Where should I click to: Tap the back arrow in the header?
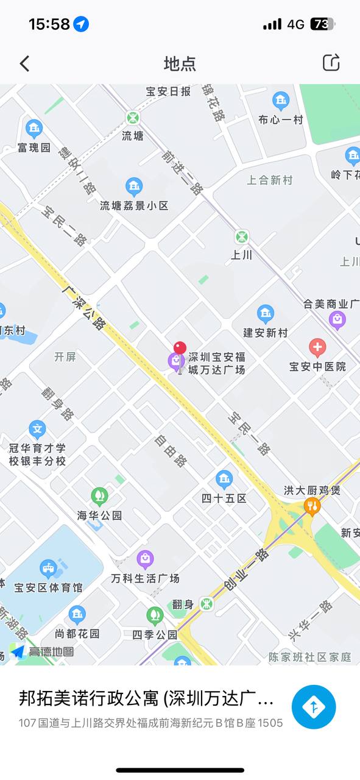[x=24, y=63]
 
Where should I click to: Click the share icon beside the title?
[x=331, y=63]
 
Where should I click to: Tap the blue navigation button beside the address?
[x=314, y=707]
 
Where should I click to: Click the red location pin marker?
[x=180, y=349]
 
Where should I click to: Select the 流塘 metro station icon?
[x=133, y=118]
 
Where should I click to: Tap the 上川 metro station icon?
[x=242, y=236]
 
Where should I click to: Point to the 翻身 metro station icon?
[x=207, y=604]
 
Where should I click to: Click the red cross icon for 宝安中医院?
[x=317, y=349]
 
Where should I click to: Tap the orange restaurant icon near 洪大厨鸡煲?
[x=312, y=506]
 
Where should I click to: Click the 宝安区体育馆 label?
[x=48, y=587]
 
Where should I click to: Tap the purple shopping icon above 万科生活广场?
[x=144, y=559]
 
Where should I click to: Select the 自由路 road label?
[x=171, y=452]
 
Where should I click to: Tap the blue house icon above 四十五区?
[x=224, y=479]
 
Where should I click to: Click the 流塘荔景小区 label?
[x=134, y=206]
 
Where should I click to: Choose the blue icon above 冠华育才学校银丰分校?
[x=37, y=430]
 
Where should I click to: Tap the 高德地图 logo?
[x=43, y=652]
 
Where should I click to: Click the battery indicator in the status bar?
[x=322, y=24]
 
